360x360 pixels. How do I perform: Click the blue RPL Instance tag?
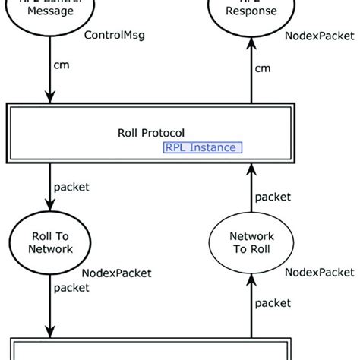click(203, 147)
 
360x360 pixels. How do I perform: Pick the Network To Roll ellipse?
click(251, 242)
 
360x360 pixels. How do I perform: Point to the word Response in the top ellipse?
click(251, 12)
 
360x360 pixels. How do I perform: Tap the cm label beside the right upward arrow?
click(263, 69)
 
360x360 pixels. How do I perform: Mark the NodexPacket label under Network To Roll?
click(319, 272)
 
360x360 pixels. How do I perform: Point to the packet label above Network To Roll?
click(273, 197)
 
